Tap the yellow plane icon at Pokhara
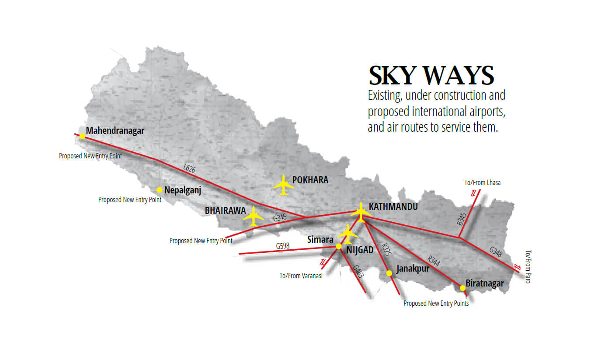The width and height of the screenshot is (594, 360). pyautogui.click(x=284, y=185)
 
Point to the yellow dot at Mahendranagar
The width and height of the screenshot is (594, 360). pyautogui.click(x=82, y=136)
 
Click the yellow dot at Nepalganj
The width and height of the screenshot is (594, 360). pyautogui.click(x=160, y=190)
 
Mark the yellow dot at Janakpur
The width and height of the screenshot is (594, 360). pyautogui.click(x=389, y=273)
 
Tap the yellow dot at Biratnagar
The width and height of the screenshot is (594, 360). pyautogui.click(x=462, y=288)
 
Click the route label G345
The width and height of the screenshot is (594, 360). pyautogui.click(x=280, y=217)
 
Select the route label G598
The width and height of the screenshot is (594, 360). pyautogui.click(x=283, y=246)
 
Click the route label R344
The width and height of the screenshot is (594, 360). pyautogui.click(x=434, y=261)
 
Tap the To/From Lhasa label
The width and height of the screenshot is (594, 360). pyautogui.click(x=483, y=183)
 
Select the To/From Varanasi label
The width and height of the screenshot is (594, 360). pyautogui.click(x=301, y=276)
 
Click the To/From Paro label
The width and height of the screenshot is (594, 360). pyautogui.click(x=528, y=267)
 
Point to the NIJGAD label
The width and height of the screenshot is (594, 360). pyautogui.click(x=360, y=250)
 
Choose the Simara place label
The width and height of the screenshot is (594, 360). pyautogui.click(x=320, y=240)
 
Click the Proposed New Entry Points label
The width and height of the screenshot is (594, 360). pyautogui.click(x=436, y=304)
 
